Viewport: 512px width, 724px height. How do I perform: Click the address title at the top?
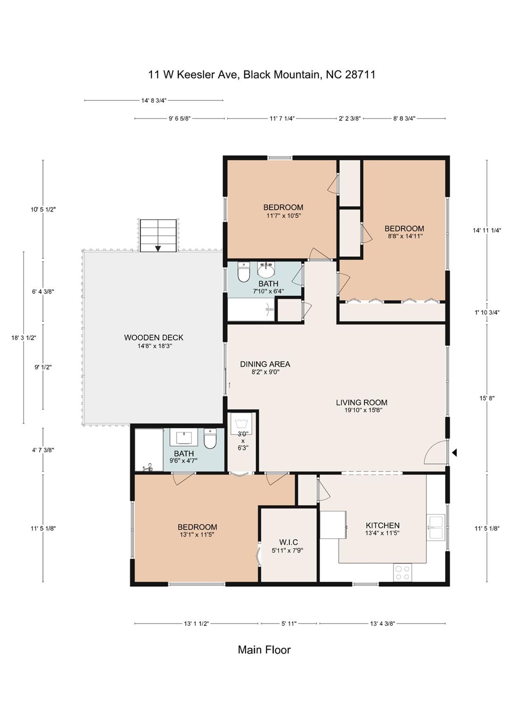point(262,74)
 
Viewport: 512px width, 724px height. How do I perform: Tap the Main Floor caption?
point(264,650)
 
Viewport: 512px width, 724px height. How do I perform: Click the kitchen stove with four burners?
point(402,573)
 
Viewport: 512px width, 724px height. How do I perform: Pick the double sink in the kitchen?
point(436,527)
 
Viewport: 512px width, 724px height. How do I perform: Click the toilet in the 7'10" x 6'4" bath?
point(243,272)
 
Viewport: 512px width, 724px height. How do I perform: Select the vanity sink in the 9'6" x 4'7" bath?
point(184,438)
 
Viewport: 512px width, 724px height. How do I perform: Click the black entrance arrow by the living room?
point(454,452)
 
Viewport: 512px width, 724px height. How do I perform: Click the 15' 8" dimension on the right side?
point(487,398)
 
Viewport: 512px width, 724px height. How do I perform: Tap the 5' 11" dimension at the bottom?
point(289,624)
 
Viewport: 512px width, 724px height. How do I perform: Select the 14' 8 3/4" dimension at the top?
point(154,100)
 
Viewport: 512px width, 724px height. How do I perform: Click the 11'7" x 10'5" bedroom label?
point(283,211)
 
